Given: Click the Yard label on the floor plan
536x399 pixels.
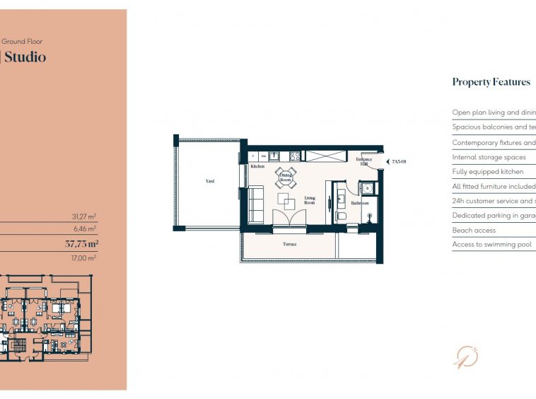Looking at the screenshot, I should click(x=210, y=181).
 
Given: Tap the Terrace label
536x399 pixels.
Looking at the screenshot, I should click(x=290, y=244).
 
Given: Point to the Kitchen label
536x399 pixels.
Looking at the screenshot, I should click(x=257, y=167).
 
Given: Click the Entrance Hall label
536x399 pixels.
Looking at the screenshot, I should click(x=364, y=162).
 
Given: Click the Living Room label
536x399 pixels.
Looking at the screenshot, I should click(x=310, y=200).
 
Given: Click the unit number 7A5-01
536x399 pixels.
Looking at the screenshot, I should click(x=400, y=163).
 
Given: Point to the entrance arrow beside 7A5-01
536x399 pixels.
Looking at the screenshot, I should click(x=385, y=163).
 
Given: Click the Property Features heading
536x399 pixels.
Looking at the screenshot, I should click(x=491, y=82).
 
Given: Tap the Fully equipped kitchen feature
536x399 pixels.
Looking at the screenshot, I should click(x=488, y=172).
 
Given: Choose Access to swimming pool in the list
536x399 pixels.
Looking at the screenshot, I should click(x=491, y=245).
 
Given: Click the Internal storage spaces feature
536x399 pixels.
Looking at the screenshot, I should click(x=489, y=157).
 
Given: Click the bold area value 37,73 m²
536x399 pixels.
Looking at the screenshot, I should click(x=81, y=243).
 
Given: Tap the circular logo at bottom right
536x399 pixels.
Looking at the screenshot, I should click(x=465, y=357).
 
